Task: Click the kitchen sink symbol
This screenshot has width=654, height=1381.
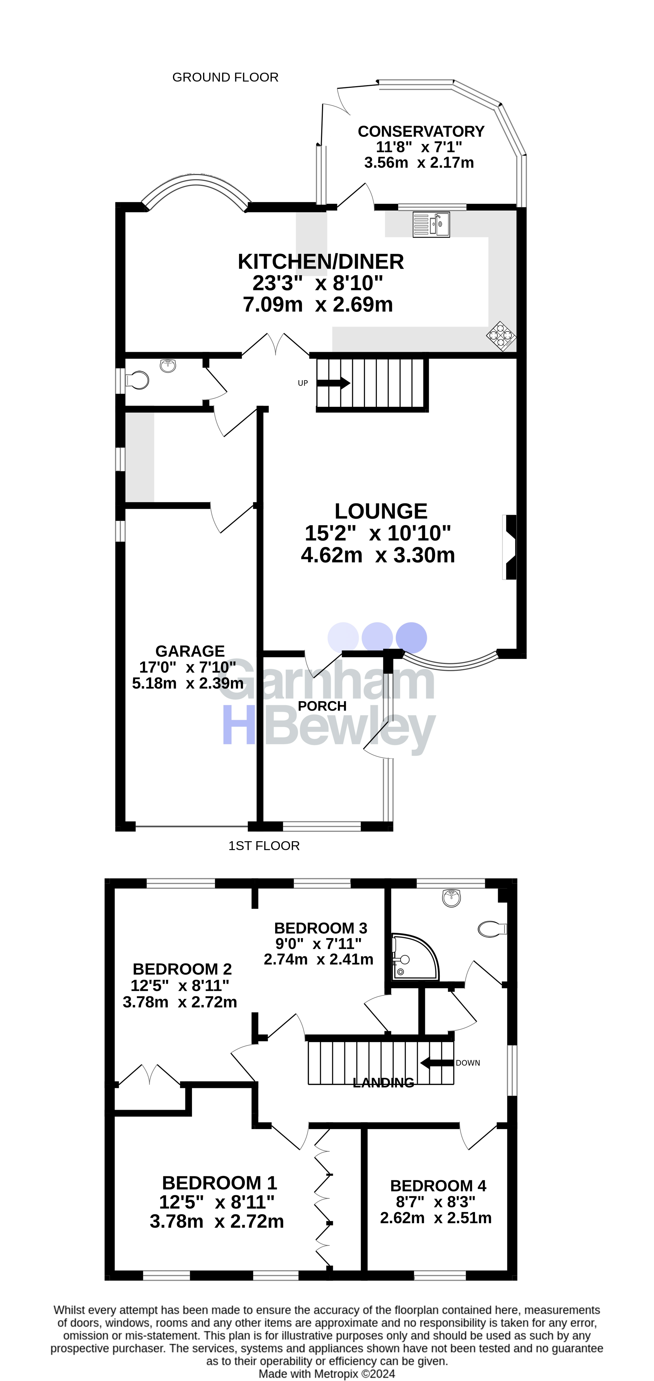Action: tap(431, 225)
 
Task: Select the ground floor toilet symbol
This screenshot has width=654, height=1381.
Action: tap(137, 380)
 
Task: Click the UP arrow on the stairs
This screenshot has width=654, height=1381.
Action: tap(333, 383)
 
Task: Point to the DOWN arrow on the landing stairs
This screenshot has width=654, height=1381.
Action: tap(436, 1063)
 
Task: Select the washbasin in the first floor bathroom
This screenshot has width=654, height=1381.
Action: tap(452, 898)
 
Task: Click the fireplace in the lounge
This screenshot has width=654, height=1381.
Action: tap(509, 547)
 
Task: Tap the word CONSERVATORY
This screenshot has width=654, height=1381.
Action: tap(421, 131)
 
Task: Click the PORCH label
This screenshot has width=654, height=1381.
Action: tap(322, 706)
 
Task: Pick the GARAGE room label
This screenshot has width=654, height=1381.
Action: tap(190, 651)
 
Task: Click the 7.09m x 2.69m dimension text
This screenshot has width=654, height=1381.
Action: tap(318, 304)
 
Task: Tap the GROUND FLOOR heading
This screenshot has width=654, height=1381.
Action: tap(225, 77)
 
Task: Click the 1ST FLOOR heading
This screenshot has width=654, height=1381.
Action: tap(264, 846)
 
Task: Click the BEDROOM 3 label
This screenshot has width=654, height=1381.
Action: tap(321, 928)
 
